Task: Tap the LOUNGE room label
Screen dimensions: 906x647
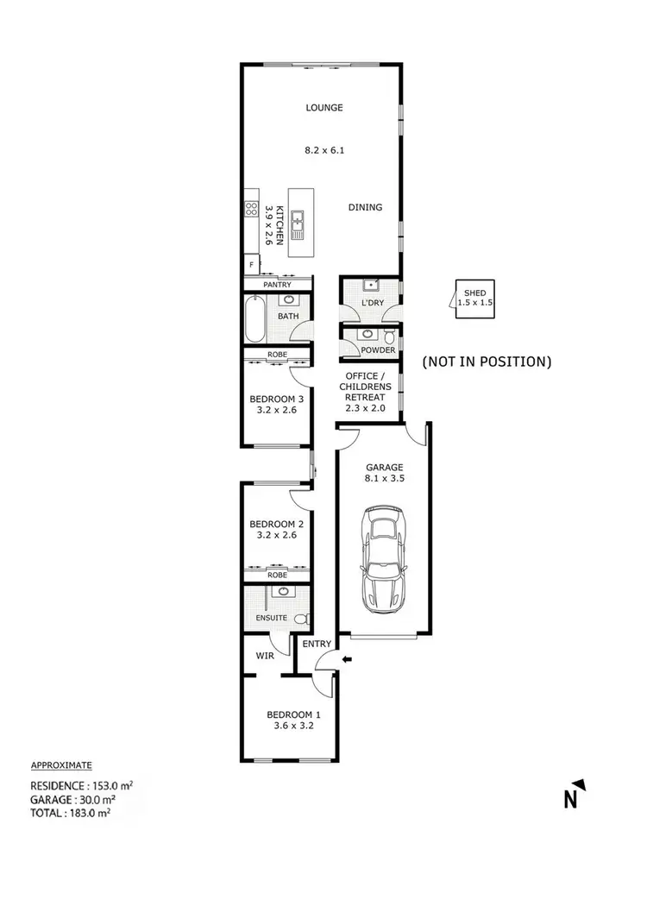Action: pos(324,108)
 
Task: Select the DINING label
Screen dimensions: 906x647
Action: pos(365,207)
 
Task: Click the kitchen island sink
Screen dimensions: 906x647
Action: pos(298,223)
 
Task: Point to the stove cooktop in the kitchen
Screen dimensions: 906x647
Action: pos(252,208)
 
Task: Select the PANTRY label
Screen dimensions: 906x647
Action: pos(278,285)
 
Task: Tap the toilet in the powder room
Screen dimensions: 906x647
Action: pos(390,335)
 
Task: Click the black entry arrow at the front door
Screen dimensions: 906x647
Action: pos(347,660)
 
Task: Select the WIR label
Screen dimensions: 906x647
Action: pos(264,656)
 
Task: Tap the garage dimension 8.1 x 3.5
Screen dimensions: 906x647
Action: pos(382,481)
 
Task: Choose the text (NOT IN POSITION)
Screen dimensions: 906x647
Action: pos(486,362)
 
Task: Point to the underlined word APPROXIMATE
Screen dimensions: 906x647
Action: pos(61,765)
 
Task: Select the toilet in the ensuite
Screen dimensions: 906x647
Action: pos(301,619)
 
